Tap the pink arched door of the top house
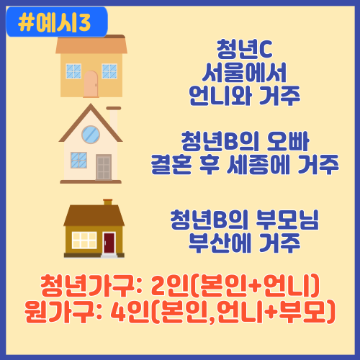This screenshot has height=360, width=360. pos(91,84)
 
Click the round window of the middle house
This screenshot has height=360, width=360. pos(91,135)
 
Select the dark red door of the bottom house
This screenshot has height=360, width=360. pos(109,243)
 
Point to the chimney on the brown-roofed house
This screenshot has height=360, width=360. pos(107,202)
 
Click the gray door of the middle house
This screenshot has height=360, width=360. pos(104,167)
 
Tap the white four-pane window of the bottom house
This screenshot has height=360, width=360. pos(84,240)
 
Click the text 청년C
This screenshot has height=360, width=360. pos(245,50)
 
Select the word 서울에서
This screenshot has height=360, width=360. pos(245,73)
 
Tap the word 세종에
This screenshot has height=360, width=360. pos(258,165)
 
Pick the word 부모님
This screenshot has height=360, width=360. pos(287,220)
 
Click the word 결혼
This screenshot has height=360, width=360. pos(171,165)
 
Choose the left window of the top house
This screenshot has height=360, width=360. pos(73,71)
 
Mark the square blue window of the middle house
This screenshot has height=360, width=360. pos(78,160)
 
